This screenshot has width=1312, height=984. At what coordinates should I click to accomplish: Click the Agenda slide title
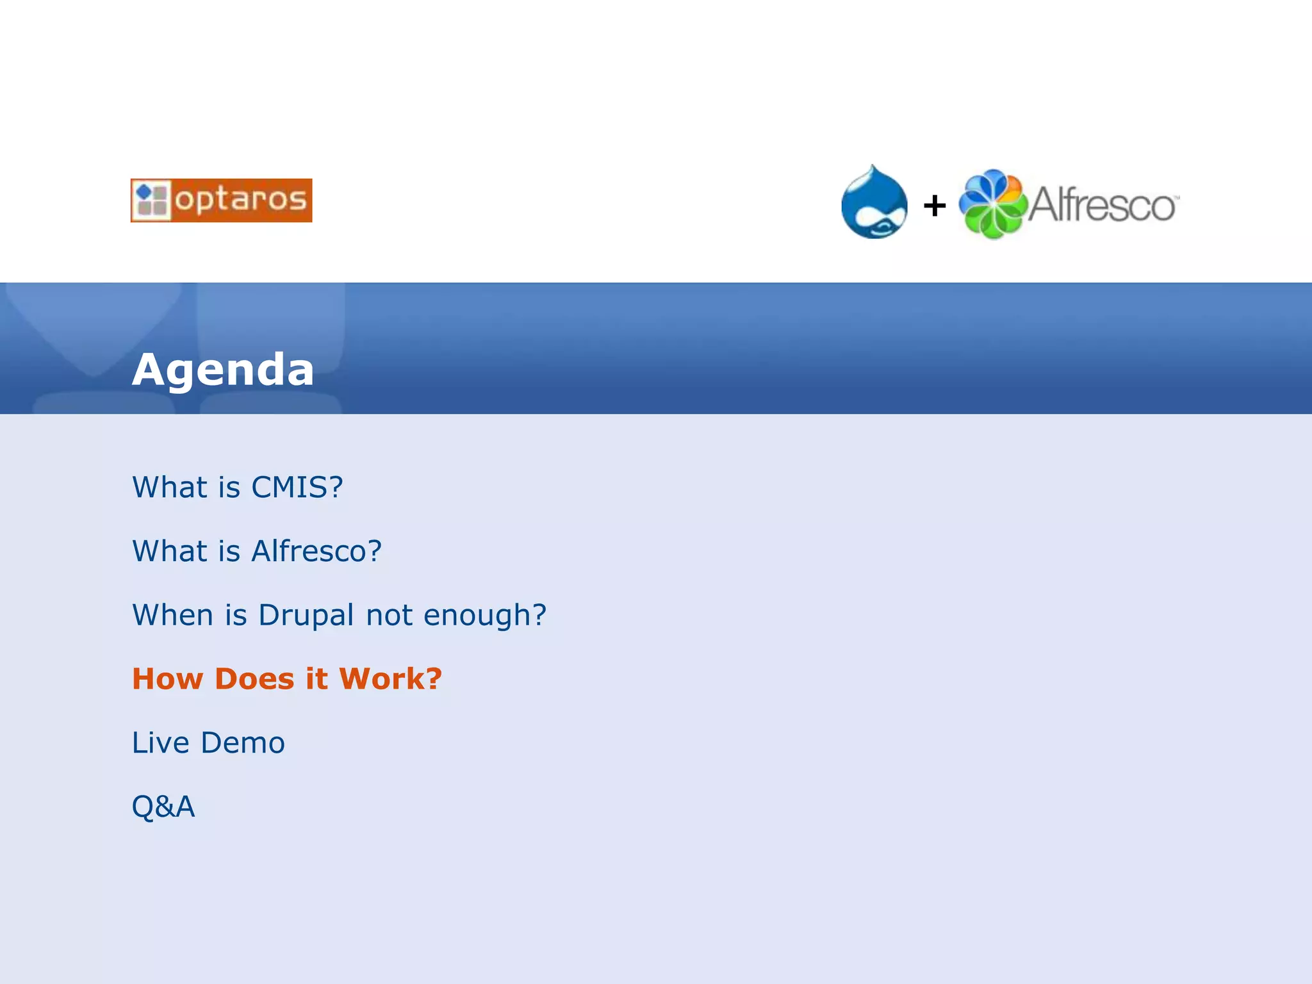pyautogui.click(x=223, y=370)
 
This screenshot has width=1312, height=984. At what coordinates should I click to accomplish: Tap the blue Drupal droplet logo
pyautogui.click(x=874, y=203)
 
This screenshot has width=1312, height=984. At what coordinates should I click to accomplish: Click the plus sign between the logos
pyautogui.click(x=935, y=206)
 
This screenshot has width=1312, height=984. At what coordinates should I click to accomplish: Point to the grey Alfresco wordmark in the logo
pyautogui.click(x=1101, y=206)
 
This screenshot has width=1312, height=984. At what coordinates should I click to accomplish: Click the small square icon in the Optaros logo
pyautogui.click(x=152, y=201)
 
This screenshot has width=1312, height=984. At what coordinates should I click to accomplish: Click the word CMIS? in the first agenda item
pyautogui.click(x=297, y=488)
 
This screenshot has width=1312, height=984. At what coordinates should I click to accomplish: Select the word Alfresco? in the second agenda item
pyautogui.click(x=317, y=551)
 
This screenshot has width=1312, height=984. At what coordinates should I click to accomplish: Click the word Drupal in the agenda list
pyautogui.click(x=306, y=615)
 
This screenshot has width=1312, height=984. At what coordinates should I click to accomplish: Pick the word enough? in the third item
pyautogui.click(x=485, y=616)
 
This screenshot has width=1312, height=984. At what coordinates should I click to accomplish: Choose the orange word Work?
pyautogui.click(x=390, y=679)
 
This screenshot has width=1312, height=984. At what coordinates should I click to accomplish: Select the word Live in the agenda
pyautogui.click(x=160, y=743)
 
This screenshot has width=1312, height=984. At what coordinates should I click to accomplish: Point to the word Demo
pyautogui.click(x=243, y=743)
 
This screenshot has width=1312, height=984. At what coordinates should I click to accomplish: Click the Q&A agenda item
pyautogui.click(x=163, y=807)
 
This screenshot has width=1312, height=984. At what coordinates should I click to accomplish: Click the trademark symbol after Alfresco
pyautogui.click(x=1176, y=197)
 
